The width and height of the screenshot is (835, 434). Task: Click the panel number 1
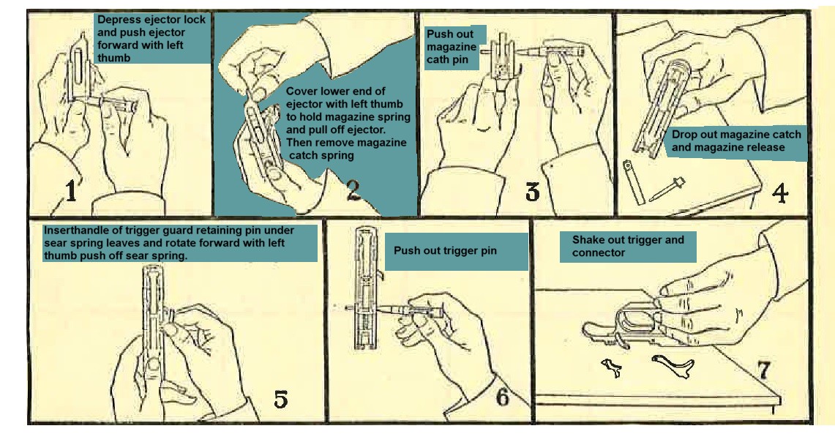[x=71, y=191]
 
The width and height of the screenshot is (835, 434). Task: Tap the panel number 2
[x=353, y=190]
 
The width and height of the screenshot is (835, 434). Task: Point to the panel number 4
[x=779, y=192]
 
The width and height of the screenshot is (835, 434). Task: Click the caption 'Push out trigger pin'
[x=445, y=250]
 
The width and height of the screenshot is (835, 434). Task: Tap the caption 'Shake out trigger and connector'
[x=628, y=246]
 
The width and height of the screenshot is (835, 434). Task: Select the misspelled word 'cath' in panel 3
[x=437, y=59]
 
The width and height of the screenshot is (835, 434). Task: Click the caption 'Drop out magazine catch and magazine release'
[x=736, y=141]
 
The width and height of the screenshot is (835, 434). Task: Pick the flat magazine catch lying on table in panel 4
[x=634, y=181]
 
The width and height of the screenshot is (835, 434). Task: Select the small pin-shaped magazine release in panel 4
[x=667, y=188]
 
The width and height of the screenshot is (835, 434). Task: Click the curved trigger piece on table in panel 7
[x=674, y=364]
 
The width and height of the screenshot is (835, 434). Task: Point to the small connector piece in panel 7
[x=613, y=367]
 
